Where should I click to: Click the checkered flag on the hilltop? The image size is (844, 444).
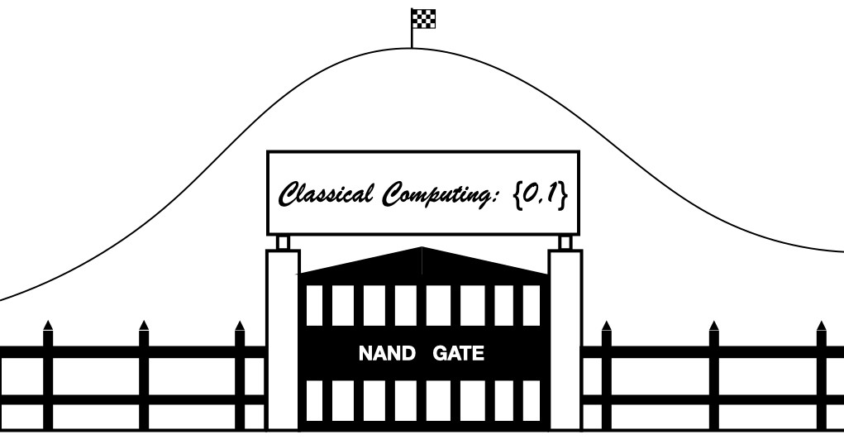pos(423,18)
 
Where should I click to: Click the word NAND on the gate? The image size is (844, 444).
pos(387,355)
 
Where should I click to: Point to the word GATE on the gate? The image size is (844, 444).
pos(458,355)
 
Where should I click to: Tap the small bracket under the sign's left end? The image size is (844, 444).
pos(283,241)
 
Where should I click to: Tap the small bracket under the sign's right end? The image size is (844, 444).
pos(565,241)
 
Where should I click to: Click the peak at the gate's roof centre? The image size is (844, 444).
pos(422,250)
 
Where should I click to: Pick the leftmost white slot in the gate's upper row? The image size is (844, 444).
pos(314,305)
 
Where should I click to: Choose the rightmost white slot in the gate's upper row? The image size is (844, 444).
pos(532,305)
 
